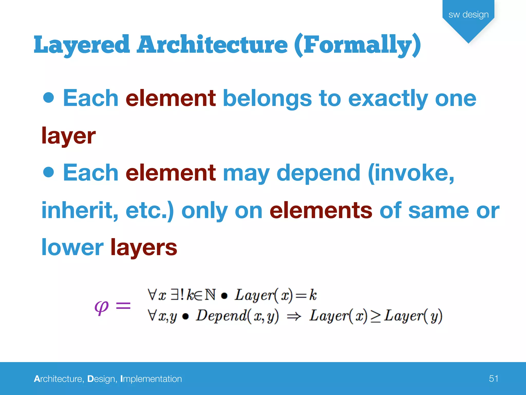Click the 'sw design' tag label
(468, 15)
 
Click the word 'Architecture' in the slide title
(212, 45)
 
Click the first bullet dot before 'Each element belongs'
(49, 98)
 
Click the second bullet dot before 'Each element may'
(49, 172)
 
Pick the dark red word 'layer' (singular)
(69, 136)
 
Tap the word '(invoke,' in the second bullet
(411, 173)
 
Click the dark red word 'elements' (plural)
(321, 210)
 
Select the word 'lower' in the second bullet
(72, 247)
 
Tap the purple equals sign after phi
(123, 306)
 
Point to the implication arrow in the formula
(294, 317)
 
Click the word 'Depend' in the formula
(221, 316)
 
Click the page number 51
(493, 379)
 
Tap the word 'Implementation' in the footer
(151, 379)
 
